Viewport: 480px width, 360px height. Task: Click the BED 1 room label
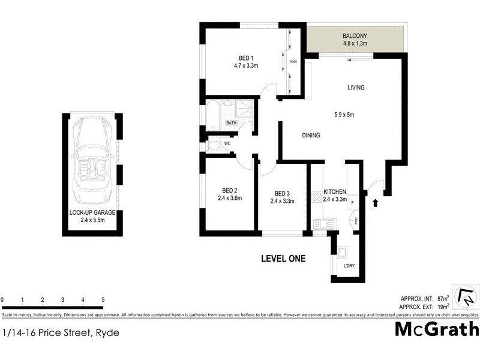pos(244,58)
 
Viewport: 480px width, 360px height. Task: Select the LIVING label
pos(356,88)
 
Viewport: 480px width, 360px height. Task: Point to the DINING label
pos(310,136)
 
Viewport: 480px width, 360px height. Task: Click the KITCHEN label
pos(335,191)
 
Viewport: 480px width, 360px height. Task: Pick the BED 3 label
pos(282,193)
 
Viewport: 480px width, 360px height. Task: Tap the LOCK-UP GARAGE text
pos(92,213)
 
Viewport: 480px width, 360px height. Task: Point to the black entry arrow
pos(376,203)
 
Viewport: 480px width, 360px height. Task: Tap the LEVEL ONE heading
pos(283,259)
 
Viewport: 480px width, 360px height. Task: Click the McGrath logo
pos(437,329)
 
